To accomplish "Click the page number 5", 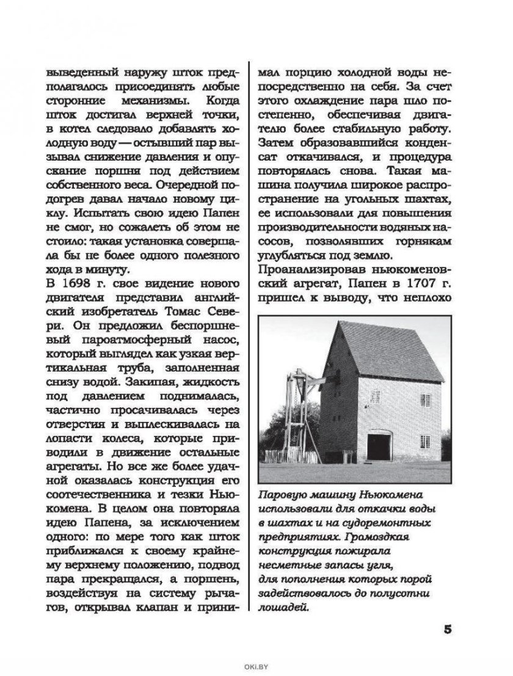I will point(446,630).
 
